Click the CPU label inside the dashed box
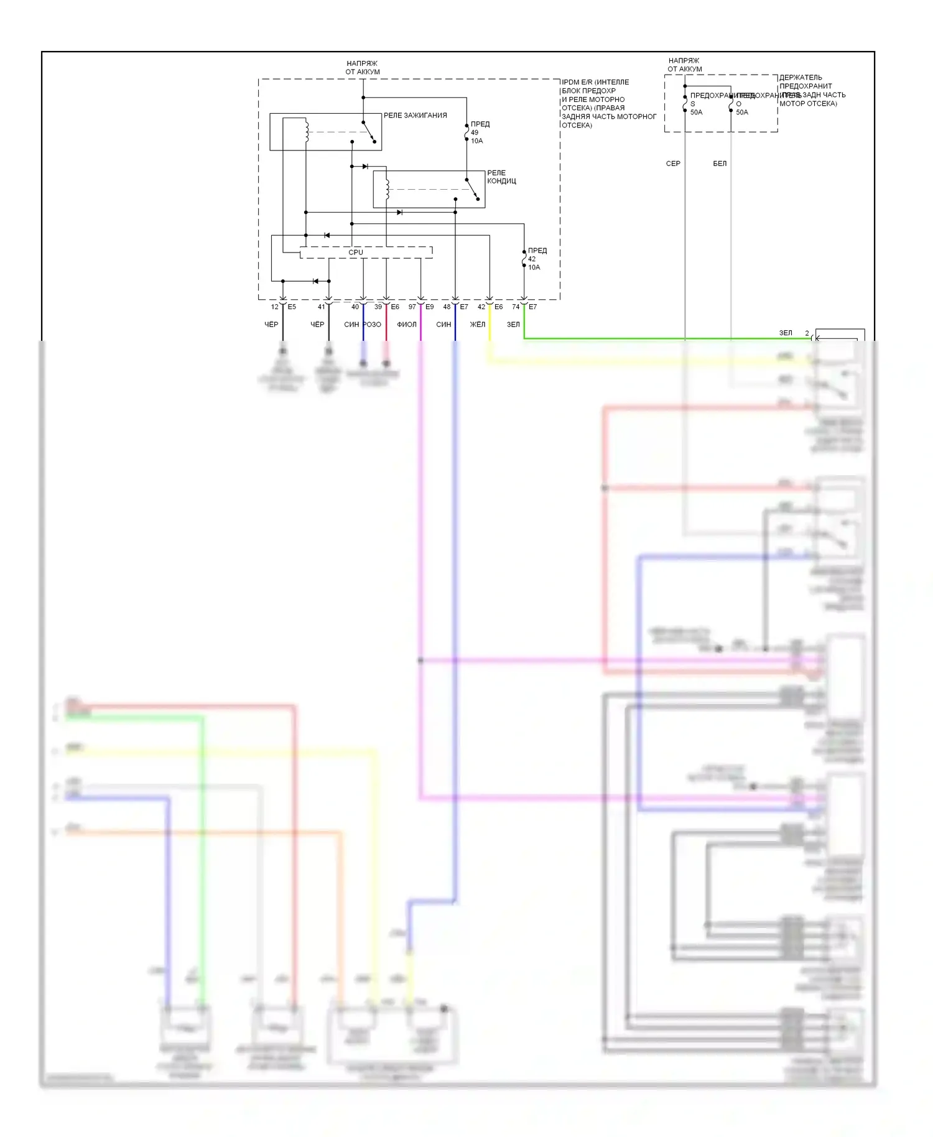356,253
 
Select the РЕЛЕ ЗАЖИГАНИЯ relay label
415,116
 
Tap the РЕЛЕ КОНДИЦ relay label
501,177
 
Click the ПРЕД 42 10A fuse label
537,259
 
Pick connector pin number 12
274,307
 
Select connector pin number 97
412,307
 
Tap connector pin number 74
516,307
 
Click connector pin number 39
378,307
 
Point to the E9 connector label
430,307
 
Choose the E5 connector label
292,307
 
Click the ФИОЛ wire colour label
407,325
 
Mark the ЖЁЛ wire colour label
477,325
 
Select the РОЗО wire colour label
372,325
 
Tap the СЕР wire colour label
673,164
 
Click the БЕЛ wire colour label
720,164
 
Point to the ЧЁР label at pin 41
317,325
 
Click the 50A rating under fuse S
696,113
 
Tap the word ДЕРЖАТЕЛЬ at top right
801,78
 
